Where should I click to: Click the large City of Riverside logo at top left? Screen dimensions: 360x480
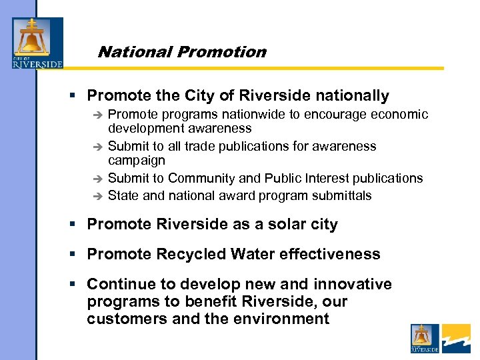(37, 43)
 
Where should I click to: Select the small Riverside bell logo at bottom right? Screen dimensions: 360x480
(425, 338)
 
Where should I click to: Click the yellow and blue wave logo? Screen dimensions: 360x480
(456, 338)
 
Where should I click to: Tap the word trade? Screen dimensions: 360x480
(205, 146)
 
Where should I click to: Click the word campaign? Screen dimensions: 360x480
(136, 161)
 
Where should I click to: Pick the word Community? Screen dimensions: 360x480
(207, 178)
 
